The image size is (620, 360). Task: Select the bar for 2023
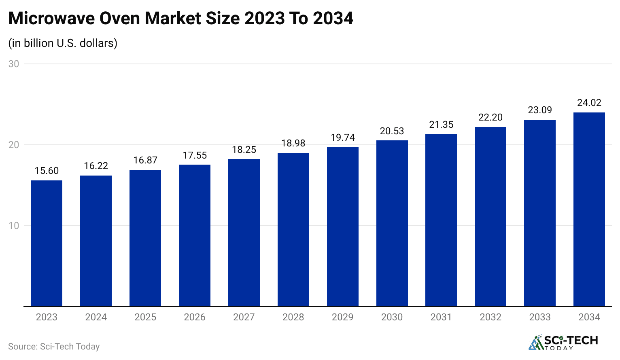[x=47, y=244]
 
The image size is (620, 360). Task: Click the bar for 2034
[x=589, y=210]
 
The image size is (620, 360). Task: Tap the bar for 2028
[x=293, y=230]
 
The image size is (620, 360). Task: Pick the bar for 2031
[x=441, y=220]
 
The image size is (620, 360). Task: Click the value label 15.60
[x=47, y=171]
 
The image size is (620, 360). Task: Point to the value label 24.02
[x=589, y=103]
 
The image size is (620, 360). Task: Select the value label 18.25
[x=244, y=150]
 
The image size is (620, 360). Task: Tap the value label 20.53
[x=392, y=131]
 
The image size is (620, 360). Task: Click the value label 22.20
[x=490, y=117]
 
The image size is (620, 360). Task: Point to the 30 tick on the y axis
[x=14, y=64]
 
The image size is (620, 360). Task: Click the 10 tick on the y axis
[x=14, y=226]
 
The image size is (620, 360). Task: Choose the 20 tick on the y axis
[x=14, y=145]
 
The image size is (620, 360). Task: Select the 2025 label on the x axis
[x=145, y=317]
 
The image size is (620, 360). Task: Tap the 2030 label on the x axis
[x=392, y=317]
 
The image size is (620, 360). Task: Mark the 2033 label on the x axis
[x=539, y=317]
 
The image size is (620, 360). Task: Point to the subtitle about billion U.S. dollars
[x=63, y=43]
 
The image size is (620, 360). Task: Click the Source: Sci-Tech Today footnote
[x=54, y=347]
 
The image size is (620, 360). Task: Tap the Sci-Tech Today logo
[x=563, y=343]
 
